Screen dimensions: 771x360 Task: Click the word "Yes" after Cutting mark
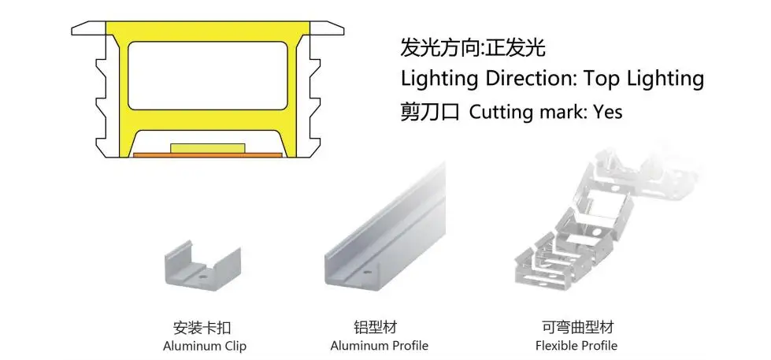pyautogui.click(x=607, y=112)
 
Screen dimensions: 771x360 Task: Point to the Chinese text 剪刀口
pyautogui.click(x=429, y=112)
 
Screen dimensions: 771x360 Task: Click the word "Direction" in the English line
pyautogui.click(x=527, y=79)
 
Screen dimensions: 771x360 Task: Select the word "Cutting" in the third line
pyautogui.click(x=500, y=112)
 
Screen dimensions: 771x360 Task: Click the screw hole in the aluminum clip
pyautogui.click(x=202, y=276)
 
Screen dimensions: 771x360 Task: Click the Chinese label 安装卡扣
pyautogui.click(x=202, y=327)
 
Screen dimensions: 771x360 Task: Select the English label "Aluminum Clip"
pyautogui.click(x=205, y=346)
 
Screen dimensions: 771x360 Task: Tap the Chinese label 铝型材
pyautogui.click(x=379, y=326)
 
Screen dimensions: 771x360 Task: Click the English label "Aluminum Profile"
pyautogui.click(x=379, y=345)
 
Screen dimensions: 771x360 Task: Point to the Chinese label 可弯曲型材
pyautogui.click(x=576, y=326)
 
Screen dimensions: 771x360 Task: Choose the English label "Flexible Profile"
pyautogui.click(x=576, y=345)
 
